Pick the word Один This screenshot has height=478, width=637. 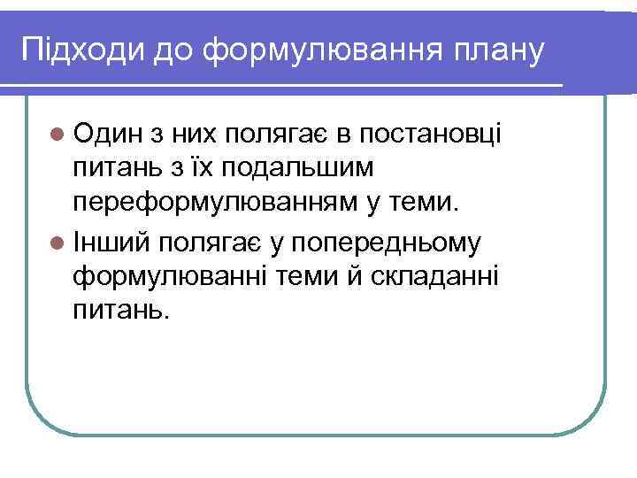coord(109,134)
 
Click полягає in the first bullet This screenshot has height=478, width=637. coord(278,134)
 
